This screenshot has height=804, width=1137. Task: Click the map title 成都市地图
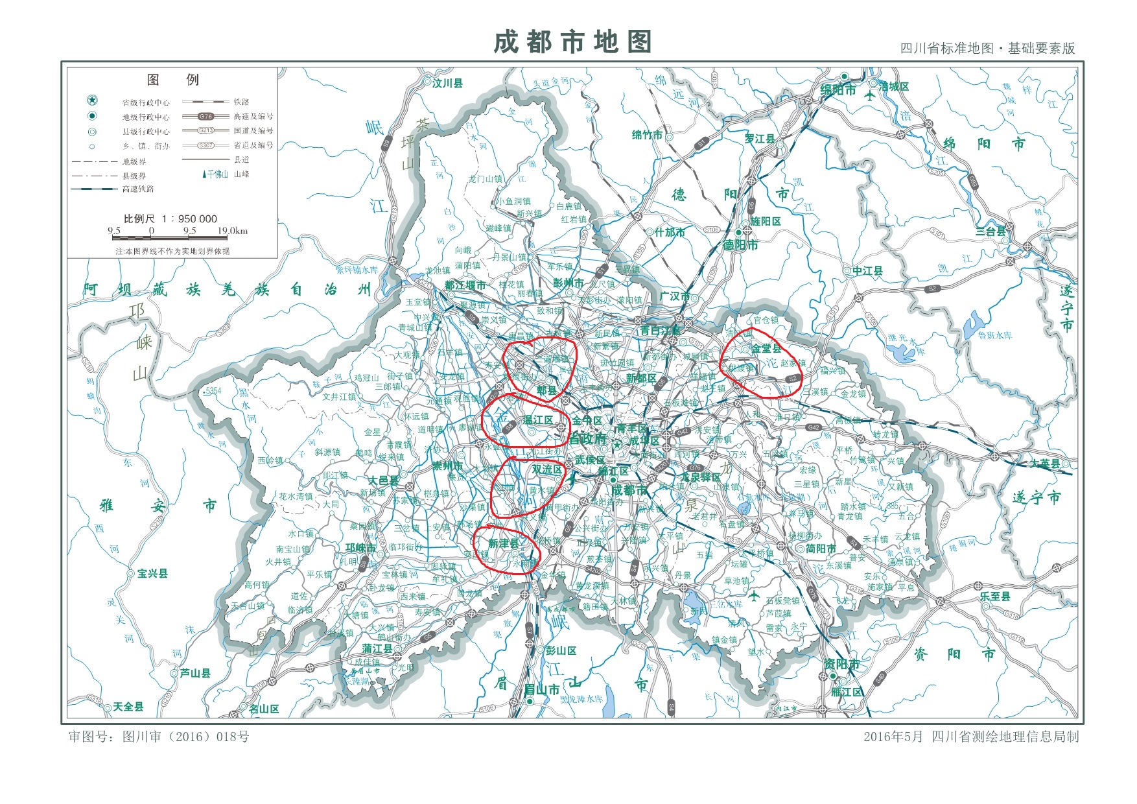tap(572, 42)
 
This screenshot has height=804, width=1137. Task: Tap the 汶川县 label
tap(447, 83)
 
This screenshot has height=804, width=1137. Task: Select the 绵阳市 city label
tap(838, 90)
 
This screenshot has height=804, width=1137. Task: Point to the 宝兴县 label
tap(152, 573)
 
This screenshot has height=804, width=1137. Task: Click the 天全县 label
tap(128, 706)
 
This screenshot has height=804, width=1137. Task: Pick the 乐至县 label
tap(995, 595)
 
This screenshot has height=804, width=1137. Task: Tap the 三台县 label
tap(990, 231)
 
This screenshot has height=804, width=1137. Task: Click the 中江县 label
tap(867, 271)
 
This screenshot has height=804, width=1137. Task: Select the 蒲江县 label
tap(377, 648)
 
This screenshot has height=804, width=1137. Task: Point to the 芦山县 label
tap(195, 673)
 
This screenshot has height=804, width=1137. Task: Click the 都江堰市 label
tap(465, 285)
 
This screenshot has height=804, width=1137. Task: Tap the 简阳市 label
tap(821, 549)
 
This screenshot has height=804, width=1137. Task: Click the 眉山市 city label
tap(541, 689)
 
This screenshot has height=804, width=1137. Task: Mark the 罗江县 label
tap(760, 139)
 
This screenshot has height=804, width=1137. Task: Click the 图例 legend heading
tap(172, 80)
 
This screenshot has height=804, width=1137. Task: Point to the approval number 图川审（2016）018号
tap(159, 737)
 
